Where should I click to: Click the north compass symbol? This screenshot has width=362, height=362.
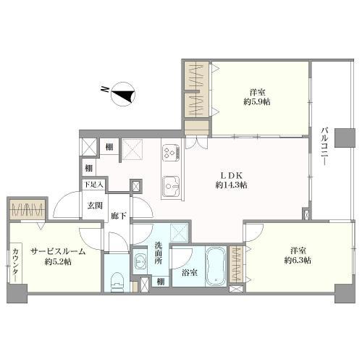[123, 94]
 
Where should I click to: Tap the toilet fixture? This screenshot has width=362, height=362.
[117, 282]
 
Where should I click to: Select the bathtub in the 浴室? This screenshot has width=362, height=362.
[216, 266]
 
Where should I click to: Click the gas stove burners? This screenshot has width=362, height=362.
[171, 153]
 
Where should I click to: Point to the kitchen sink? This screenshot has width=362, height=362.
[171, 186]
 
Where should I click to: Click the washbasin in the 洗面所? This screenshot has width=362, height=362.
[140, 261]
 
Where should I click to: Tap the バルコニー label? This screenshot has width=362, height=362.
[325, 147]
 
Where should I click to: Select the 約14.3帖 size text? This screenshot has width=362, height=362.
[231, 185]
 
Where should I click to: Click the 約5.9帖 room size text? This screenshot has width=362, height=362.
[257, 102]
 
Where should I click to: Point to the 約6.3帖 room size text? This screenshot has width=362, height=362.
[298, 260]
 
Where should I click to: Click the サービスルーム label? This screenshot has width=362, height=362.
[58, 252]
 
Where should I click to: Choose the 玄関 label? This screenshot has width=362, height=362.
[95, 206]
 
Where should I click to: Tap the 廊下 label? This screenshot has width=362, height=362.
[119, 216]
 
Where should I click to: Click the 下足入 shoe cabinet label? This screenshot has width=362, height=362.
[93, 185]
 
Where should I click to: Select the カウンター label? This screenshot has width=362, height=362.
[15, 265]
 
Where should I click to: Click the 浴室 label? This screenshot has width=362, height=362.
[190, 273]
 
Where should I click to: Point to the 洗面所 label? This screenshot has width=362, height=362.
[159, 253]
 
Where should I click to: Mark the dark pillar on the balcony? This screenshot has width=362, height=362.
[345, 138]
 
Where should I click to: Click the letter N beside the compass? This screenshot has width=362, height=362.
[104, 89]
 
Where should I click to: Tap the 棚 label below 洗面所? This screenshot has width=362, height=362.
[160, 282]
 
